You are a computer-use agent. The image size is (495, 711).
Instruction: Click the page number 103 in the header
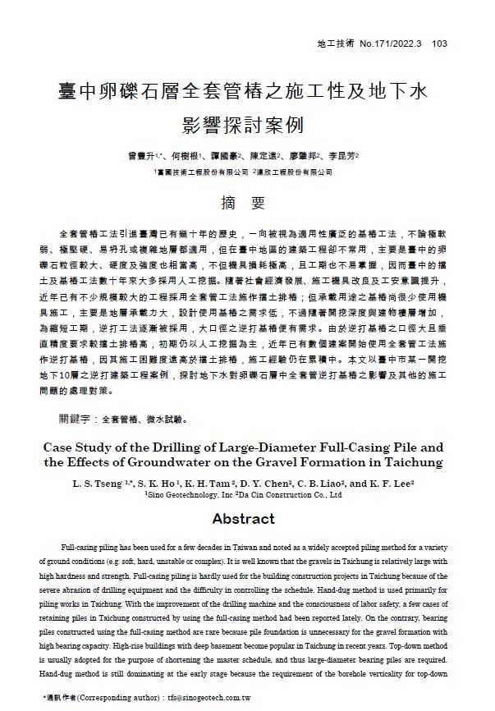439,44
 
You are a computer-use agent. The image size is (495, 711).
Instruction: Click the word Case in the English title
59,447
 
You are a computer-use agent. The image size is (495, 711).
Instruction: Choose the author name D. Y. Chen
264,484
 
